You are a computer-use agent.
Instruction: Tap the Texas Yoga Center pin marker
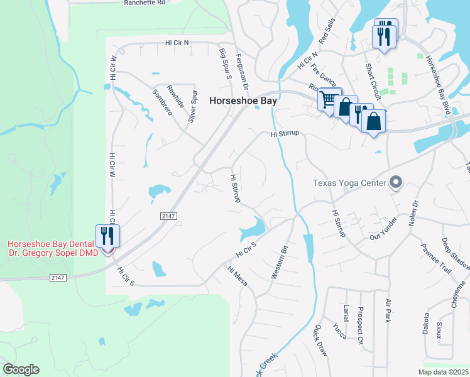396,183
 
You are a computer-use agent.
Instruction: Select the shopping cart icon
327,99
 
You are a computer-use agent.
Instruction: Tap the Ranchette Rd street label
144,3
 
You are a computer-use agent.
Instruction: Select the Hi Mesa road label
238,276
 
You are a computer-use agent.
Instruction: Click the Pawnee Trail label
436,258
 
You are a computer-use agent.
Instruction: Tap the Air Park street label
388,310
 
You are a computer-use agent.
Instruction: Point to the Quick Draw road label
320,341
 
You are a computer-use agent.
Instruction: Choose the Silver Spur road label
194,105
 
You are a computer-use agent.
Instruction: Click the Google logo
21,369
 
